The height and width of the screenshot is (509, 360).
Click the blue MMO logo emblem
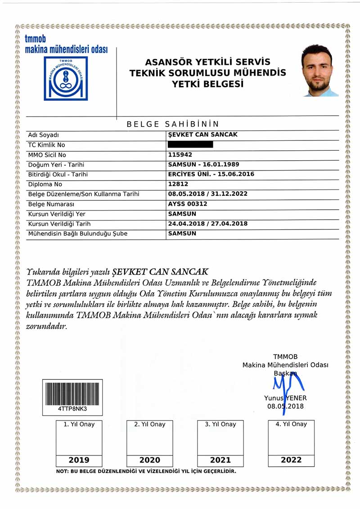[x=66, y=78]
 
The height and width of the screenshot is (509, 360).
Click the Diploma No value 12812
[x=178, y=184]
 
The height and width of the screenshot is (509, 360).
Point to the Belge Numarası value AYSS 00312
[x=188, y=204]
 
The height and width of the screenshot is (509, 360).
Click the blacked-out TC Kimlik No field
[x=190, y=145]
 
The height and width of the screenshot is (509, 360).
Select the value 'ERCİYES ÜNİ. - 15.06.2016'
[x=211, y=174]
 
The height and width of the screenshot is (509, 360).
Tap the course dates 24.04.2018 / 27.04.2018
[x=207, y=224]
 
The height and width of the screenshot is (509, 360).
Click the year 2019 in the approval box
[x=79, y=460]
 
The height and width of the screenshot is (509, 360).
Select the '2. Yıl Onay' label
[x=150, y=424]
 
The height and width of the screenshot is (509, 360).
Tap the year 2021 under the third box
[x=220, y=460]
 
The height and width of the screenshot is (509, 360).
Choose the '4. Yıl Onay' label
[x=291, y=423]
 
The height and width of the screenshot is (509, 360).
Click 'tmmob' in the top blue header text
[x=36, y=39]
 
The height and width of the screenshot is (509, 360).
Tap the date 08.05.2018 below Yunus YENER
[x=285, y=406]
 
